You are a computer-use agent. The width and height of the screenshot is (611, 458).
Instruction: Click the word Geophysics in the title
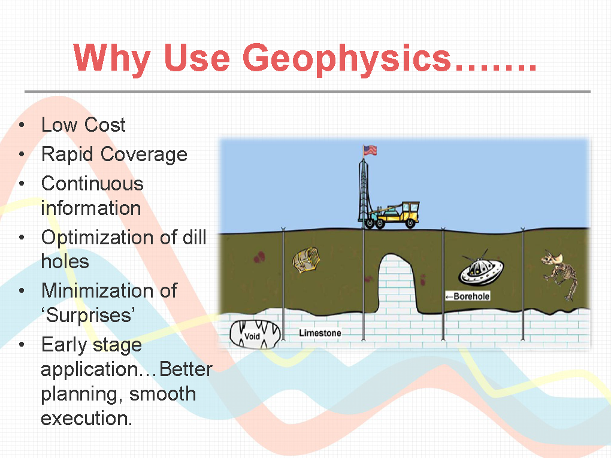point(347,59)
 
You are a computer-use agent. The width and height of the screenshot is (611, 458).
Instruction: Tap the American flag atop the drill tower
point(370,150)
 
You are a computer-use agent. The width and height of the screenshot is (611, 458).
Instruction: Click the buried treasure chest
point(306,260)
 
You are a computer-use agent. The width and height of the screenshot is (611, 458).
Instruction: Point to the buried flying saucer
point(480,269)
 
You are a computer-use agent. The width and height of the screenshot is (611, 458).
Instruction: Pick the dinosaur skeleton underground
point(559,275)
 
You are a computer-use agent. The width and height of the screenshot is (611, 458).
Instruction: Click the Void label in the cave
point(252,336)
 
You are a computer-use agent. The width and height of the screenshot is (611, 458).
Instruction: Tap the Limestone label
point(320,333)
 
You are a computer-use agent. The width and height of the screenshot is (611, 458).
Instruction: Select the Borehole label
point(468,296)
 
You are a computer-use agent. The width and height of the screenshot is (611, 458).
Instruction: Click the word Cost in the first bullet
point(105,125)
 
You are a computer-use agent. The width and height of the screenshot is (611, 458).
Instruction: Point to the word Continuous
point(92,184)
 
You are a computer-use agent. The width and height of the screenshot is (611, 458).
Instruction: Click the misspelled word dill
point(195,237)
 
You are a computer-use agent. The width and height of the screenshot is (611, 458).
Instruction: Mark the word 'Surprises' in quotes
point(88,316)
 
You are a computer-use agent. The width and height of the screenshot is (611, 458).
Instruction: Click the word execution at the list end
point(86,418)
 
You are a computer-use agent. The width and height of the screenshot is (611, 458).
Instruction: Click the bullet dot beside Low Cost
point(22,125)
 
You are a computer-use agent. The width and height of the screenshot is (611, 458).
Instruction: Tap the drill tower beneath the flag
point(364,193)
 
